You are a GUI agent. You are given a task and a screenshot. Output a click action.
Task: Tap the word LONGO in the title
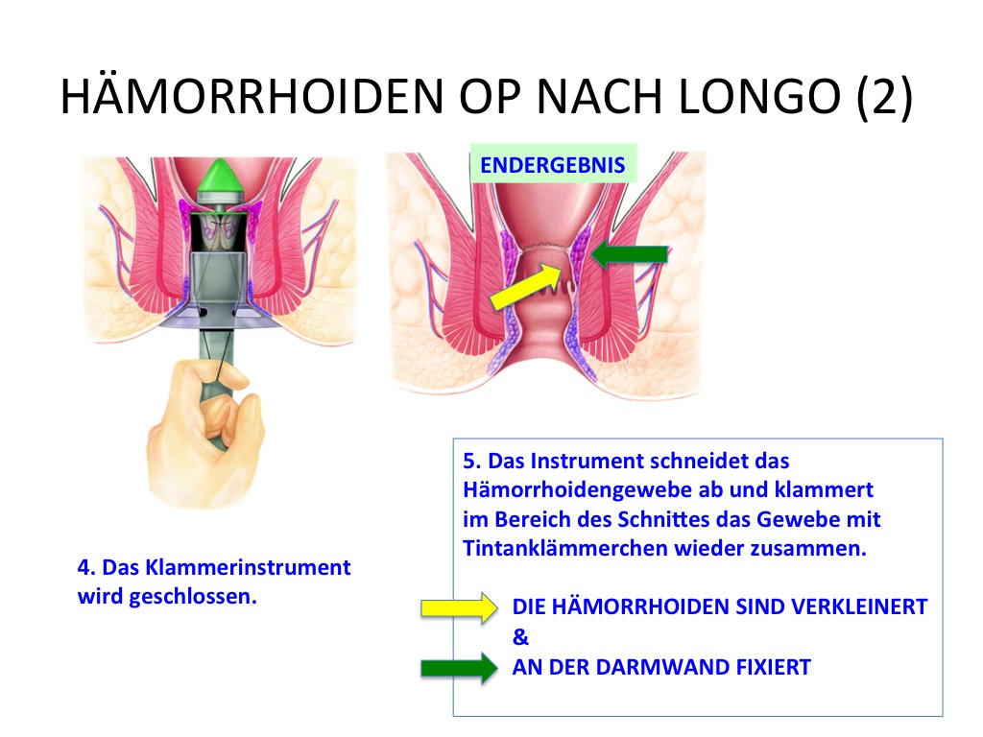tap(759, 97)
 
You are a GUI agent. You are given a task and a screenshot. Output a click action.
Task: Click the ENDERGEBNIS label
tap(552, 165)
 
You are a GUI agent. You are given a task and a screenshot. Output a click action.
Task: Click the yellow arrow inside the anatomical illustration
tap(525, 285)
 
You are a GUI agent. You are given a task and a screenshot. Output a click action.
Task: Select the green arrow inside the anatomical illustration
tap(630, 253)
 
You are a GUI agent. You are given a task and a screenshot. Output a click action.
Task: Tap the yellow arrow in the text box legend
tap(460, 607)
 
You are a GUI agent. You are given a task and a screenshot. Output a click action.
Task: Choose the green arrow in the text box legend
tap(460, 668)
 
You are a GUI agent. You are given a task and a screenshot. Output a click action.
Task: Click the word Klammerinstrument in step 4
tap(249, 567)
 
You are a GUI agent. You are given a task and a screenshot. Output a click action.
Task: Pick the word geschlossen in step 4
tap(192, 597)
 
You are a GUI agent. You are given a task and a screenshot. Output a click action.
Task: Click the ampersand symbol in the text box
tap(520, 637)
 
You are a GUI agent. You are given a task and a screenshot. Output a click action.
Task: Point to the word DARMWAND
tap(664, 668)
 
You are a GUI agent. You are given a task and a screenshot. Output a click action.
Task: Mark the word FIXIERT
tap(773, 668)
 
